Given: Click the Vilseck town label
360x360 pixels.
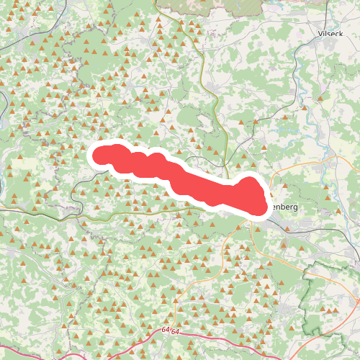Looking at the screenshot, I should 332,34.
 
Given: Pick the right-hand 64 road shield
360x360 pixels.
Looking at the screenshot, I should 175,330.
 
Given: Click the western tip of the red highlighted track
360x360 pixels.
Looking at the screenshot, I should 95,156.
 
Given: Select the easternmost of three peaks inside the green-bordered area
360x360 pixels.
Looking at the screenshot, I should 336,310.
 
